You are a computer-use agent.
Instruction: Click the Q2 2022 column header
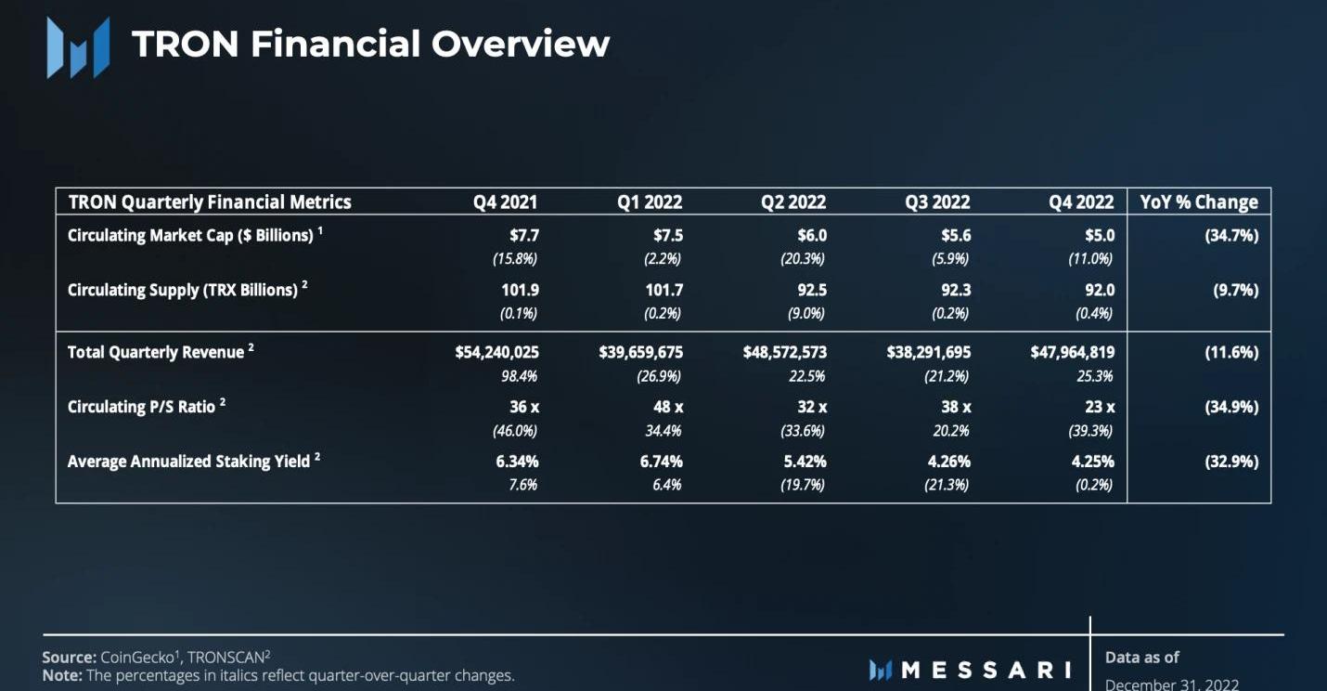[792, 202]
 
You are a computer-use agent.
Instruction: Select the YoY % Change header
[1199, 202]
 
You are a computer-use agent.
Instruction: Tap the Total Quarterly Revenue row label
[156, 352]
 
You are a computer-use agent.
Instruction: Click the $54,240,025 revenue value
[496, 352]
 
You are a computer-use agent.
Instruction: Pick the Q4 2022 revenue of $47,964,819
[1072, 352]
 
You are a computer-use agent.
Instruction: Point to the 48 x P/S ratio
[668, 407]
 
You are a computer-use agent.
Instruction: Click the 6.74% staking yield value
[661, 461]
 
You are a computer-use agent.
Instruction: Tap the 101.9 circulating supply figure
[520, 290]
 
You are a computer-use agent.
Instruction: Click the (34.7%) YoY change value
[1230, 235]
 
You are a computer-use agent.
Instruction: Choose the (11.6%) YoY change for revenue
[1230, 352]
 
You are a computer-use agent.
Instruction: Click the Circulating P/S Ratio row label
[142, 407]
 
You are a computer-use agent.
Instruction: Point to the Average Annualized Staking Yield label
[188, 461]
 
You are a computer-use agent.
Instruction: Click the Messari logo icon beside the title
[78, 46]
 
